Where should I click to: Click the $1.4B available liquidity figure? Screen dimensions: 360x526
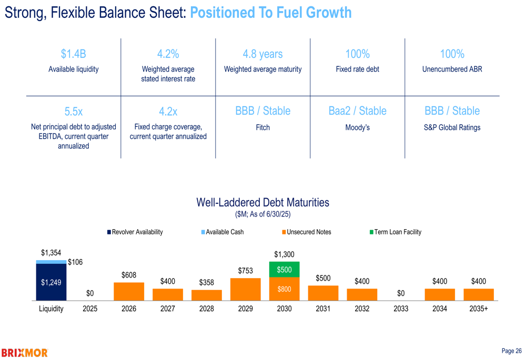73,54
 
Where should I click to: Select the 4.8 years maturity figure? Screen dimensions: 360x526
262,54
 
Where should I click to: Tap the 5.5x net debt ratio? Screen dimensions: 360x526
73,111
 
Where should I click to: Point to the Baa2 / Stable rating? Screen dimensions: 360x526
357,111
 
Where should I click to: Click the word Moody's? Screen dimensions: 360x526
357,127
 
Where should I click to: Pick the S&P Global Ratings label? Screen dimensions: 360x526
452,127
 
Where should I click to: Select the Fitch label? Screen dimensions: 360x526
262,127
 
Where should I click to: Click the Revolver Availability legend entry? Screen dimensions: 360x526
135,232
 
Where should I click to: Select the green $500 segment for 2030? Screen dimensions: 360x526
284,270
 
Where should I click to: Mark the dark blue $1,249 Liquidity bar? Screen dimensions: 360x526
51,282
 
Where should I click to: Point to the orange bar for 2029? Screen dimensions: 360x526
246,289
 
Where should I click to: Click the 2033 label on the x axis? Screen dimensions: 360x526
401,309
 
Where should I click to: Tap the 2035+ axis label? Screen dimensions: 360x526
479,309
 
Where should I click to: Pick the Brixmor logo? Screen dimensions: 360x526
25,353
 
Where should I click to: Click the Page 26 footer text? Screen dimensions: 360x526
511,351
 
